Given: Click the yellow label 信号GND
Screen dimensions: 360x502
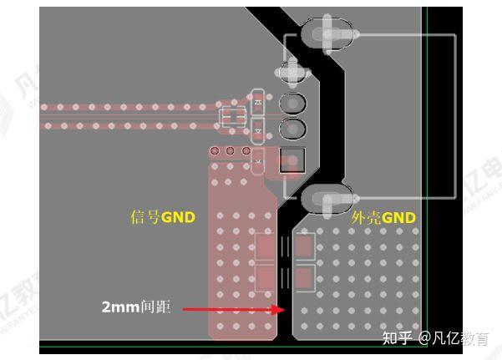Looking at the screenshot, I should click(163, 218).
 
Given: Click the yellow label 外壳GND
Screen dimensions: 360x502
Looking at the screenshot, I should click(383, 218).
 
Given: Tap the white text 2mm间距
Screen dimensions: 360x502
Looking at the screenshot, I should click(136, 307).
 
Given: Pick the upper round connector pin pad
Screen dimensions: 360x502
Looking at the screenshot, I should click(292, 104).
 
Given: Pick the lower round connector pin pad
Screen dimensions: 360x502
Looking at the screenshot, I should click(292, 129).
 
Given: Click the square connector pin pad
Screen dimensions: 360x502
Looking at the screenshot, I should click(292, 160).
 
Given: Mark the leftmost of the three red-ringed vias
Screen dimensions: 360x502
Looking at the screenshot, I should click(215, 151).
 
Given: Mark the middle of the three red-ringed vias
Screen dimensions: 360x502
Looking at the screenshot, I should click(230, 151).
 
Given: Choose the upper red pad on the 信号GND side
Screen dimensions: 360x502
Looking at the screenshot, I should click(266, 246).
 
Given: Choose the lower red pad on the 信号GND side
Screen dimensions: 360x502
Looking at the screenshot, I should click(266, 276).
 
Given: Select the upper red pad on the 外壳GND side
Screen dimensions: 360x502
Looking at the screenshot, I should click(304, 246).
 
